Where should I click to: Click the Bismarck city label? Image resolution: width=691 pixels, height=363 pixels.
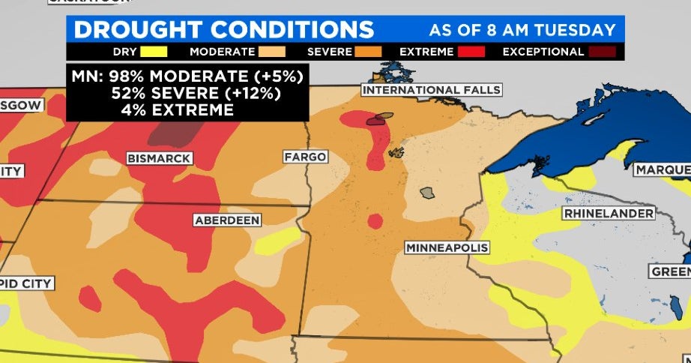point(159,158)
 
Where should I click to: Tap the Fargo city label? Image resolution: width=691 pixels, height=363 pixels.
point(305,157)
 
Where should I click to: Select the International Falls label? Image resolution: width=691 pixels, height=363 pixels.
point(431,90)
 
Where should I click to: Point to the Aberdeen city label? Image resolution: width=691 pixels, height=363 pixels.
point(226,220)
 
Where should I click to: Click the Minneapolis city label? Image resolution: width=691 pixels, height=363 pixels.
point(447,247)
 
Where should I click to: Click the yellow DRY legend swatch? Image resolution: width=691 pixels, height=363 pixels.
point(152,52)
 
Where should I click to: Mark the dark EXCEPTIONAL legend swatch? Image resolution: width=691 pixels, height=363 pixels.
point(602,52)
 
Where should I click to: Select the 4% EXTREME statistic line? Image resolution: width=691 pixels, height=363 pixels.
point(177,109)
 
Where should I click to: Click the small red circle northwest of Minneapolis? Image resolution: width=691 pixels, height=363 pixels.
point(375,220)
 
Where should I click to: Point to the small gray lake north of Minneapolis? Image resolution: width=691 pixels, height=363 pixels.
point(426,193)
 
